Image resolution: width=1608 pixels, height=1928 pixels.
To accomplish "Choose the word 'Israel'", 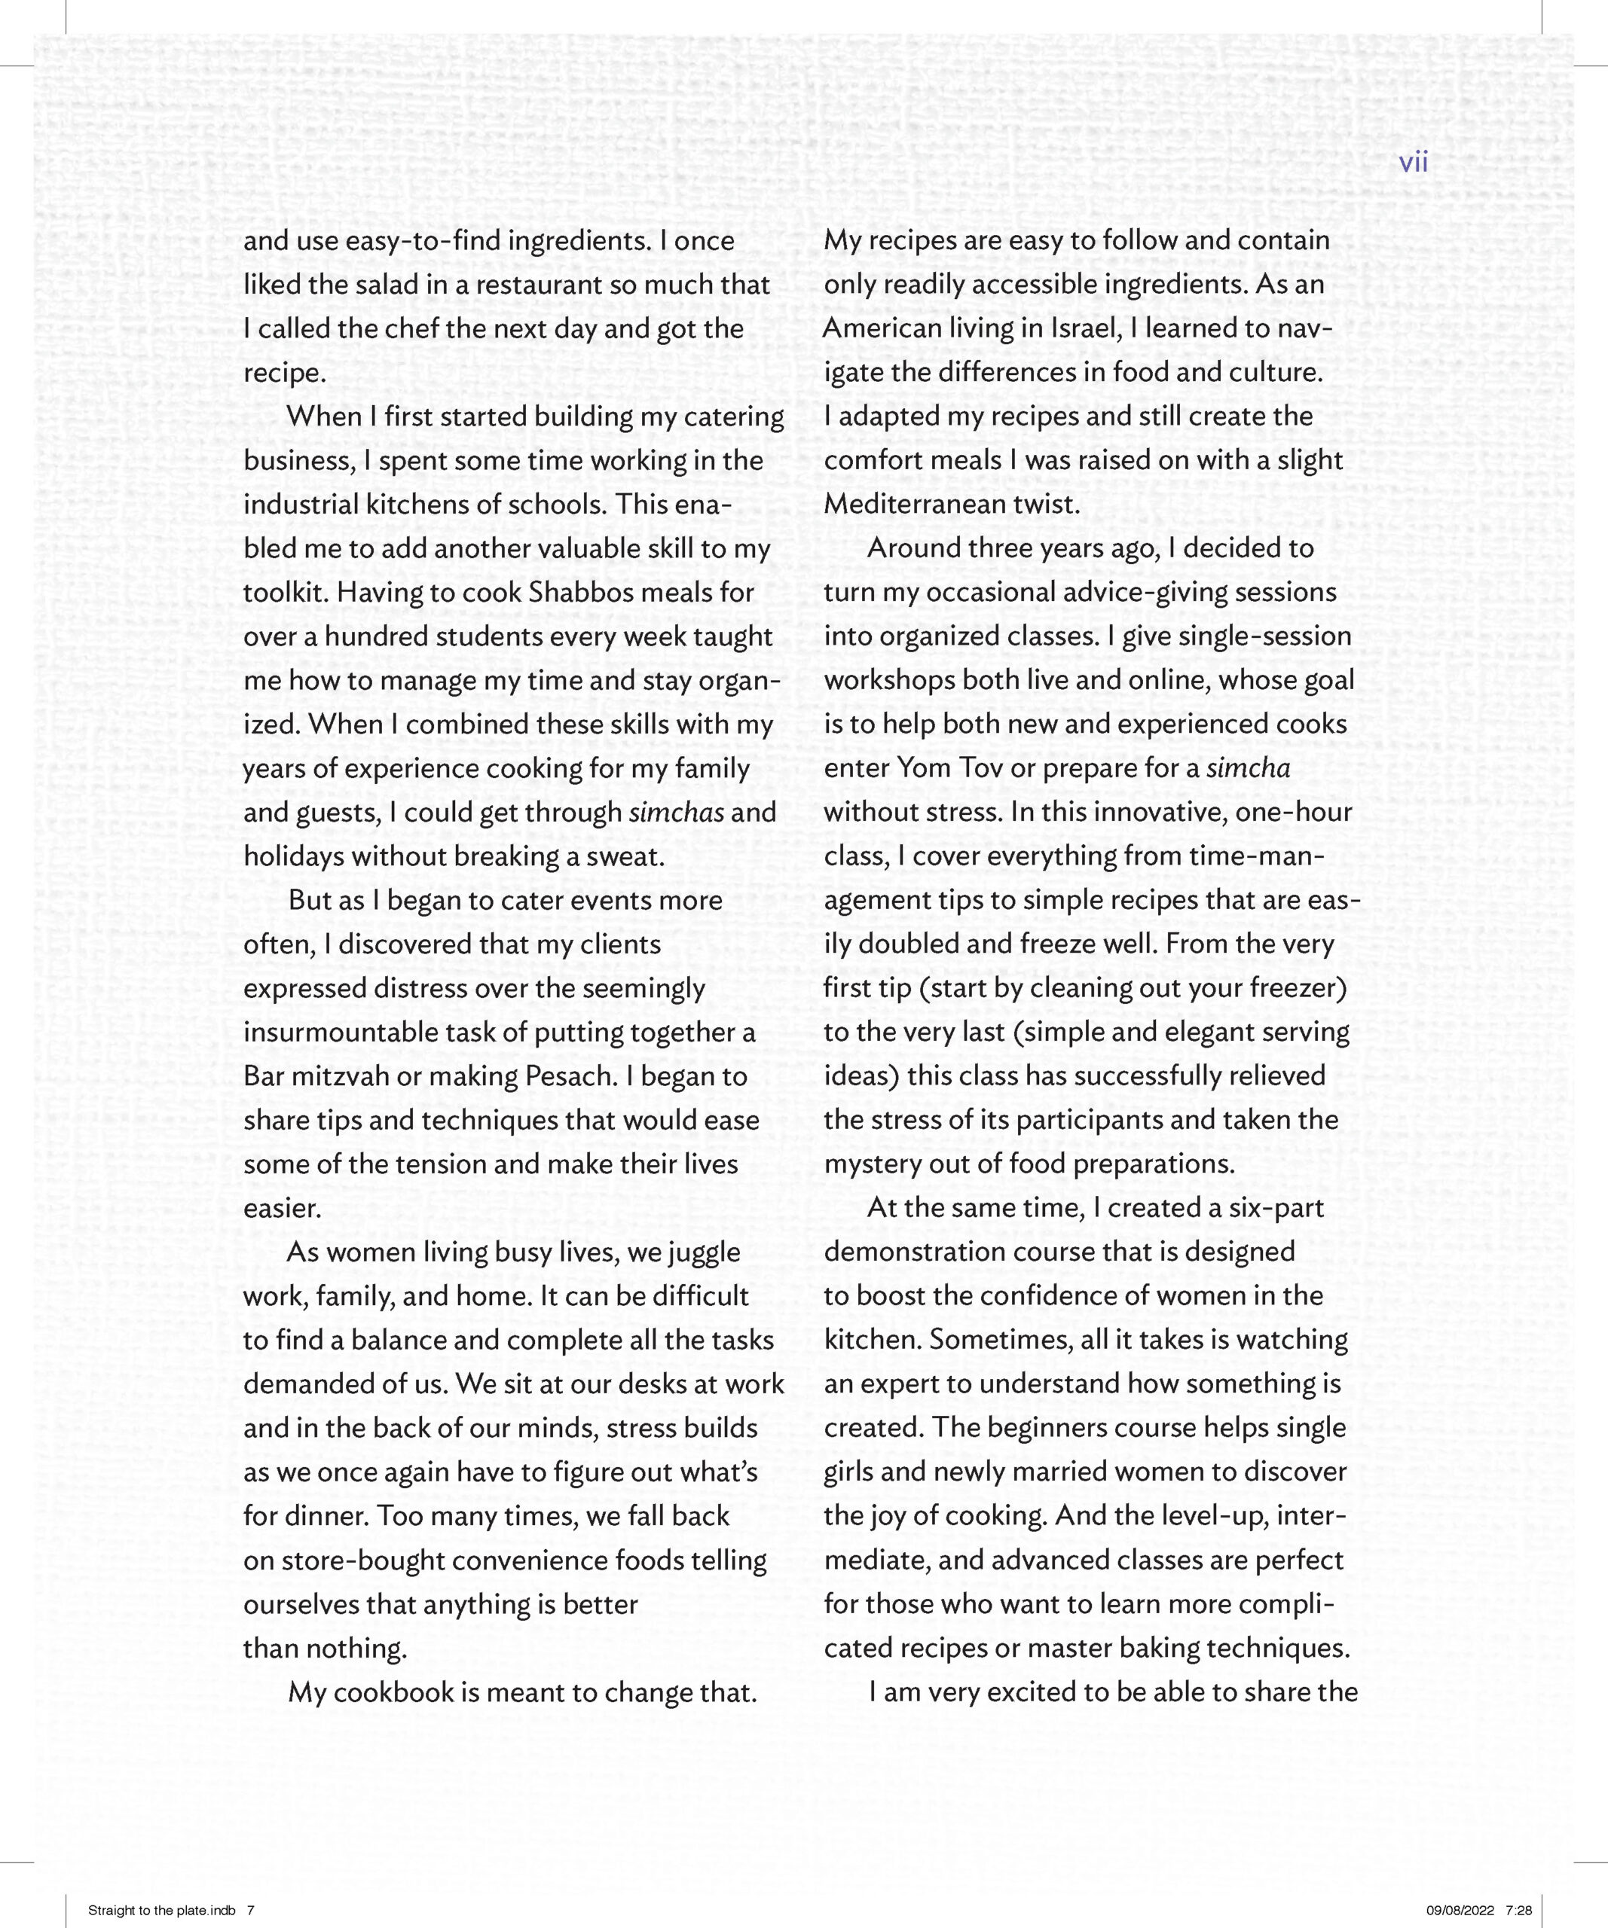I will (x=1087, y=328).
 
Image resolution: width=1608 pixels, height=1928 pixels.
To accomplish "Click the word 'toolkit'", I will (x=284, y=592).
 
